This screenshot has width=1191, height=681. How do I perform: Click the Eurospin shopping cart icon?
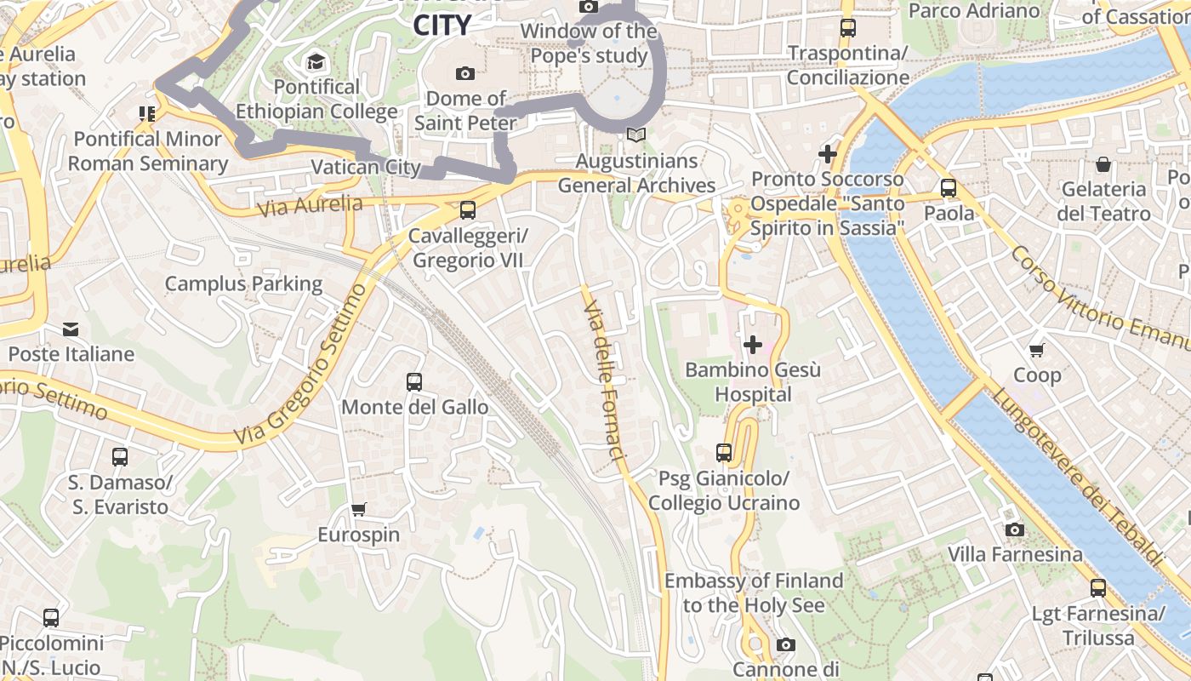pos(359,509)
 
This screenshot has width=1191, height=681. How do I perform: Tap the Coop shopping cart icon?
pos(1037,350)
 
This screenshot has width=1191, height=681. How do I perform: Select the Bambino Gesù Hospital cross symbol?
pos(753,345)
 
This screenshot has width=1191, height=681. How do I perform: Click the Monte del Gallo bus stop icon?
pos(414,382)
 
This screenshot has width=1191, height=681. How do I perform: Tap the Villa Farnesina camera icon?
pos(1014,530)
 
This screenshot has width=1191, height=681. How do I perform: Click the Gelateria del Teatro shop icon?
pos(1103,164)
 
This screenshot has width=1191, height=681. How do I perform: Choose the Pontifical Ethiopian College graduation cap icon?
pos(316,62)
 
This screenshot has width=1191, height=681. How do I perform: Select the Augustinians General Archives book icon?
pos(635,135)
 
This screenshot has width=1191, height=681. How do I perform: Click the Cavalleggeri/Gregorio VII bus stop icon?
pos(467,210)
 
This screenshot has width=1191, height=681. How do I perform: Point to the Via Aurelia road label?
pos(310,205)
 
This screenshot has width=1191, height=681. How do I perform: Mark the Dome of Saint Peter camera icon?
pos(465,74)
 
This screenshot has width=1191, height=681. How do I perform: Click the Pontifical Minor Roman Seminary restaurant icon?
pos(147,113)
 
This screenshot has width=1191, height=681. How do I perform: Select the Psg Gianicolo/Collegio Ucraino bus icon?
pos(724,453)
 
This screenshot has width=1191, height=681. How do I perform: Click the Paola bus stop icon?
pos(949,188)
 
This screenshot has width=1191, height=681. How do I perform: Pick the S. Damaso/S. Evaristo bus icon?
pos(120,457)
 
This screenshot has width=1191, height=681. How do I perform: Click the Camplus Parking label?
pos(243,283)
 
